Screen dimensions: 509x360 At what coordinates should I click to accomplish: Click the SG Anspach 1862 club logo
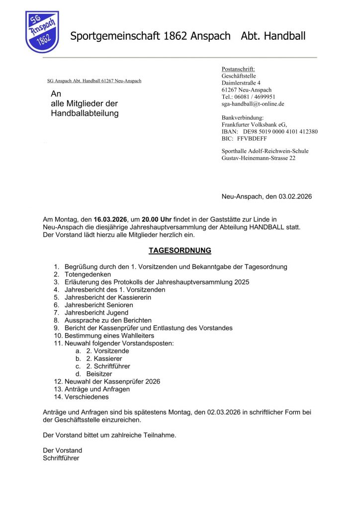(42, 32)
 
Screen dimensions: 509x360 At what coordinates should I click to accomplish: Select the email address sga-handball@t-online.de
(253, 104)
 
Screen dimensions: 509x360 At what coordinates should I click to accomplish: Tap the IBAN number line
(270, 132)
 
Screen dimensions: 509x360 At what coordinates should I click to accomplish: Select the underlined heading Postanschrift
(238, 69)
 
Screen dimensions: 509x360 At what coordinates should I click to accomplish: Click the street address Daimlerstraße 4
(241, 83)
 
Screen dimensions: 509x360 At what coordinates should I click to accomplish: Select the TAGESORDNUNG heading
(180, 251)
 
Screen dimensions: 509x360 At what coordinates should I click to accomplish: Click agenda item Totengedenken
(88, 274)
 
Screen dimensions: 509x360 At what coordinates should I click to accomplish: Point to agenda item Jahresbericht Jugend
(96, 313)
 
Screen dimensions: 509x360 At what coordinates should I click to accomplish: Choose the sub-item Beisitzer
(99, 374)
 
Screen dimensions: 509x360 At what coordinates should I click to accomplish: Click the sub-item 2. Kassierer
(104, 358)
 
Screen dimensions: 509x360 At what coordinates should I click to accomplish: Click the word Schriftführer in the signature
(61, 458)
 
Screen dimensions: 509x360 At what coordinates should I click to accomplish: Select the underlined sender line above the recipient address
(94, 81)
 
